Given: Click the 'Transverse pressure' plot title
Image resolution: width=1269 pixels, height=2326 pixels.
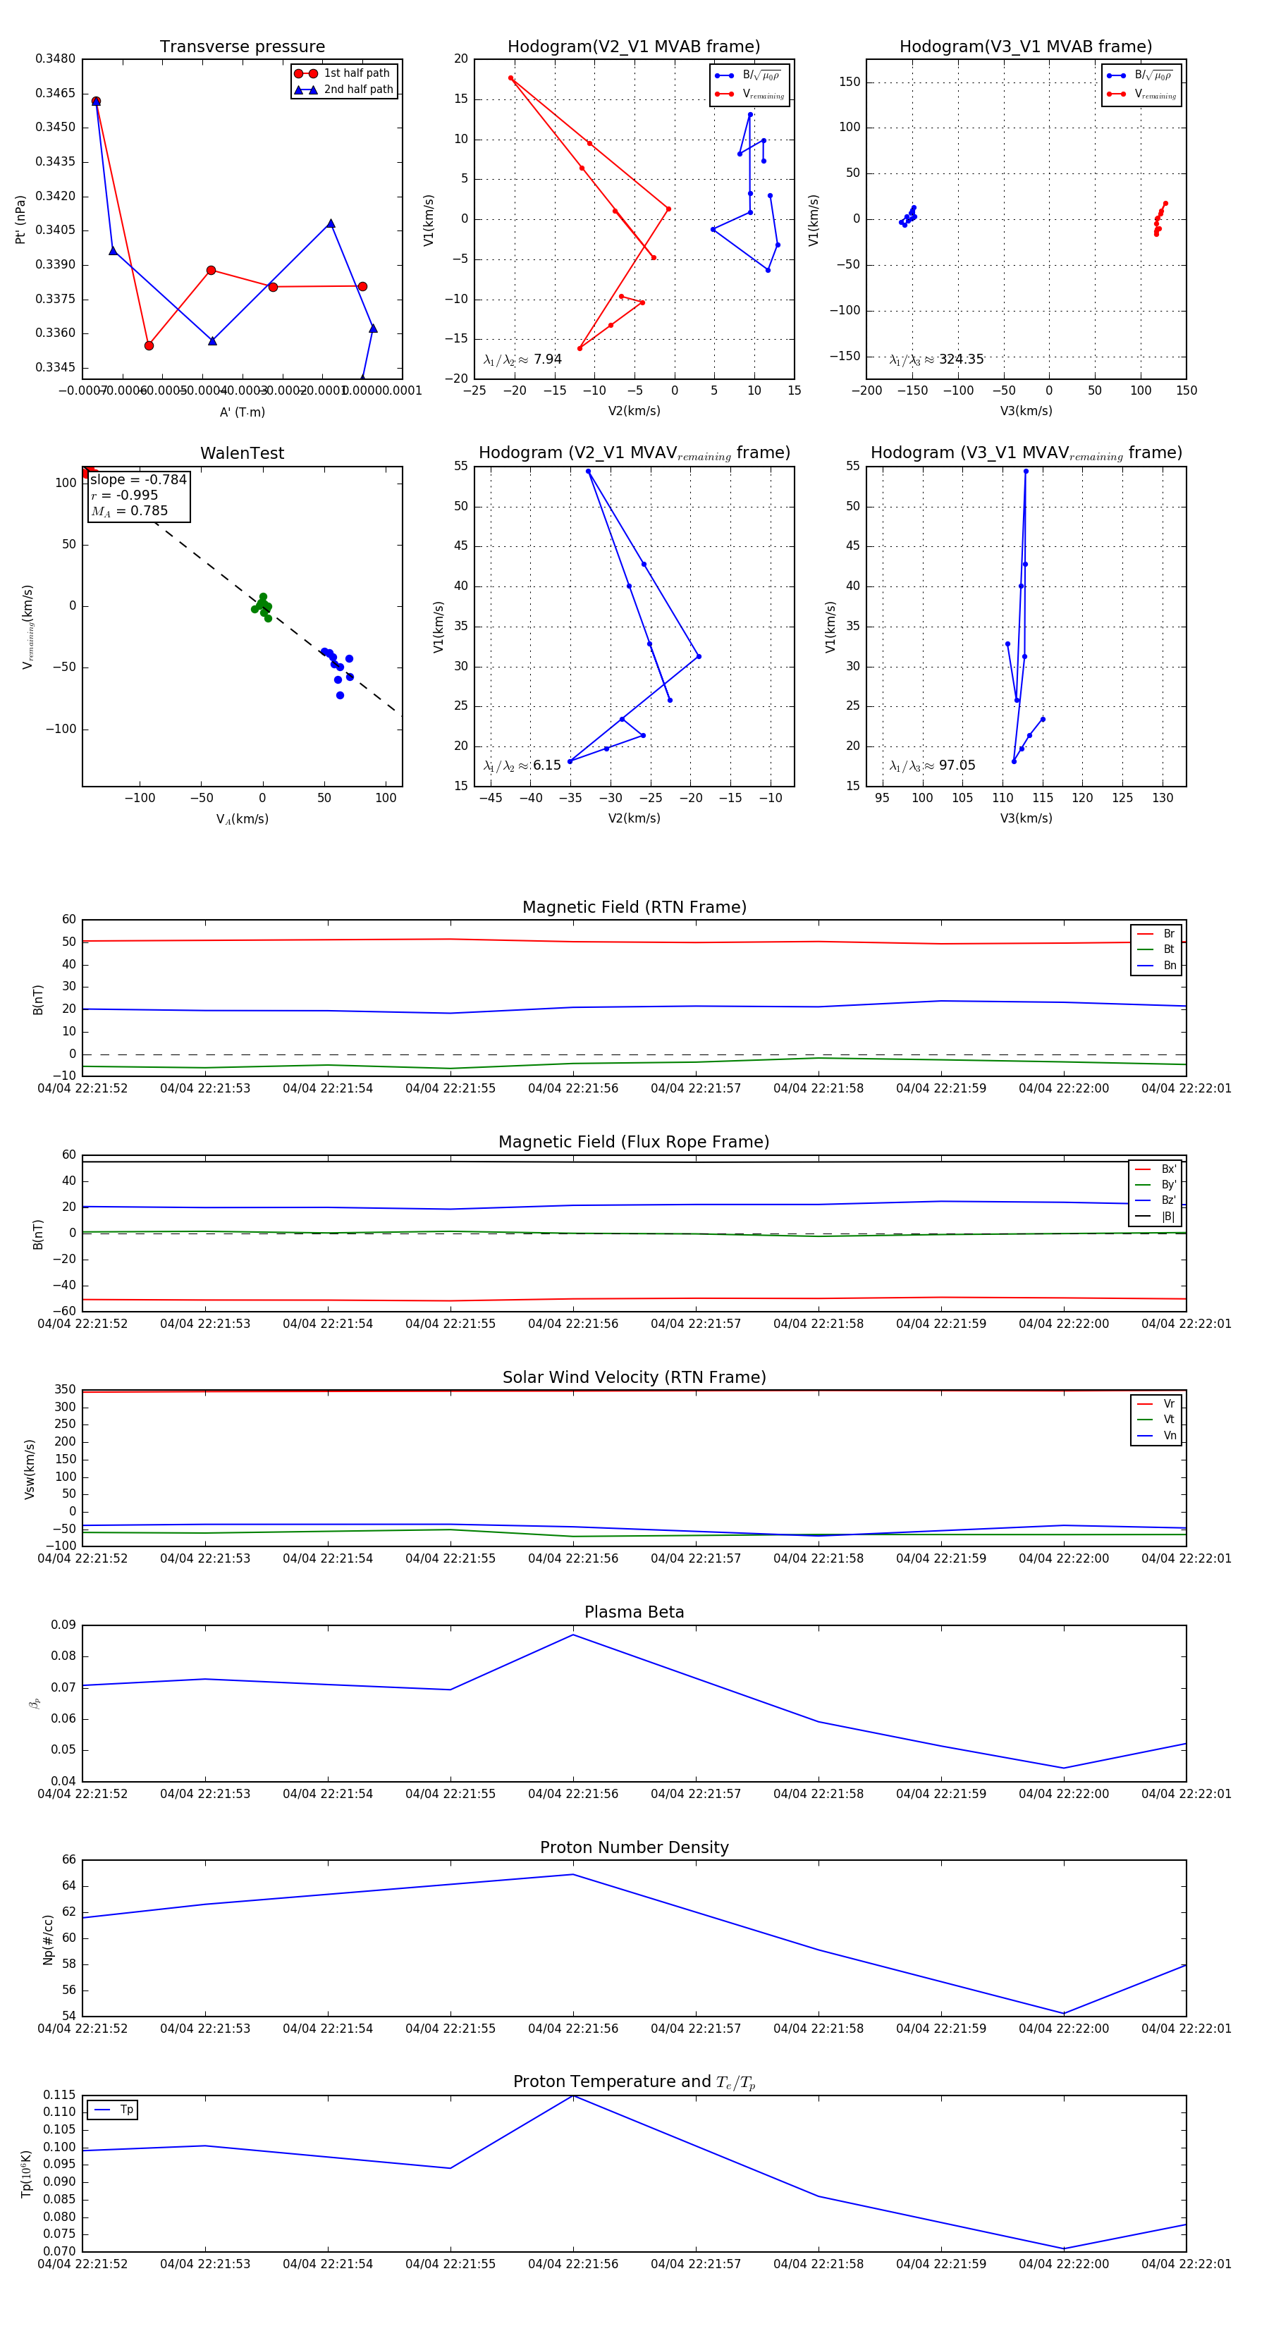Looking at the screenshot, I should (x=242, y=47).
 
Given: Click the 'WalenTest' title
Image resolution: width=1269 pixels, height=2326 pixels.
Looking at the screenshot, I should (x=242, y=453).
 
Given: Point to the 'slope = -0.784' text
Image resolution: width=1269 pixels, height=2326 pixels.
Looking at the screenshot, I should (x=138, y=479).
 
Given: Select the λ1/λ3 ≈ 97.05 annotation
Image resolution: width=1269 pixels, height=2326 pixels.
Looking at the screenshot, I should (x=932, y=765).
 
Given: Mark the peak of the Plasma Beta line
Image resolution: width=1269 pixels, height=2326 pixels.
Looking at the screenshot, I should (x=572, y=1635).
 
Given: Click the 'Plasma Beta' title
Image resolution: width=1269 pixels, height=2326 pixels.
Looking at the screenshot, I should (x=634, y=1613).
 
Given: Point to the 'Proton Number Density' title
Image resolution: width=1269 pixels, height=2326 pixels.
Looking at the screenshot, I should (x=634, y=1847).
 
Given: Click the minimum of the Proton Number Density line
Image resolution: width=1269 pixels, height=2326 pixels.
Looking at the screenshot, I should (x=1063, y=2014).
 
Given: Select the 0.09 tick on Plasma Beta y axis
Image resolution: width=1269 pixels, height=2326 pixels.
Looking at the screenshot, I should (x=63, y=1625).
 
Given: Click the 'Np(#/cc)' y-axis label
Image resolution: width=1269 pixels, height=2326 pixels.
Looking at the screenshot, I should (x=48, y=1940).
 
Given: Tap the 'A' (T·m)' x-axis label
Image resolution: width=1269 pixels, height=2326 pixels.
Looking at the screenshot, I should (x=242, y=412).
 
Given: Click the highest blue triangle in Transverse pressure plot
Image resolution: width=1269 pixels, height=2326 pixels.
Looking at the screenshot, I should (x=96, y=101).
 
